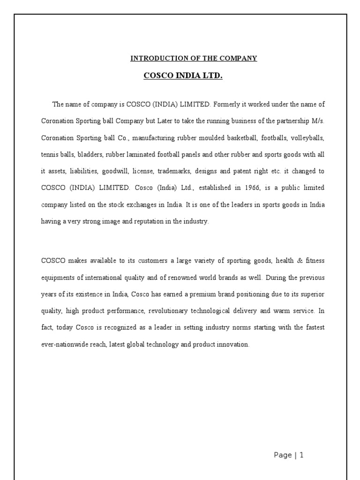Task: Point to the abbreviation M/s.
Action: pos(317,120)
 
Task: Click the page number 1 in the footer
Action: pos(302,455)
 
